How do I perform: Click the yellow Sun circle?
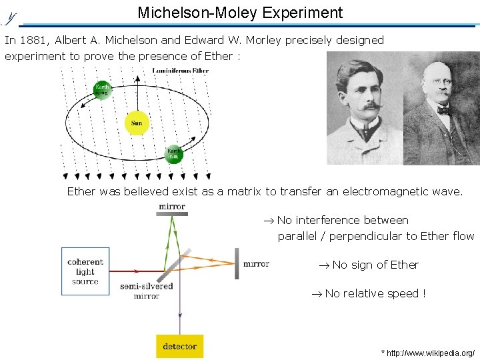(137, 123)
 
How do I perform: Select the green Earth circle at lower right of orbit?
(173, 154)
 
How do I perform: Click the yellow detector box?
(179, 346)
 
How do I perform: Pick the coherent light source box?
(85, 271)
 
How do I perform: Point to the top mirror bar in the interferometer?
(172, 214)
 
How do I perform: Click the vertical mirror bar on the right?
(236, 264)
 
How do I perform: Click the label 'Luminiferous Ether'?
(180, 71)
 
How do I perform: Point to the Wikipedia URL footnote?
(427, 352)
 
